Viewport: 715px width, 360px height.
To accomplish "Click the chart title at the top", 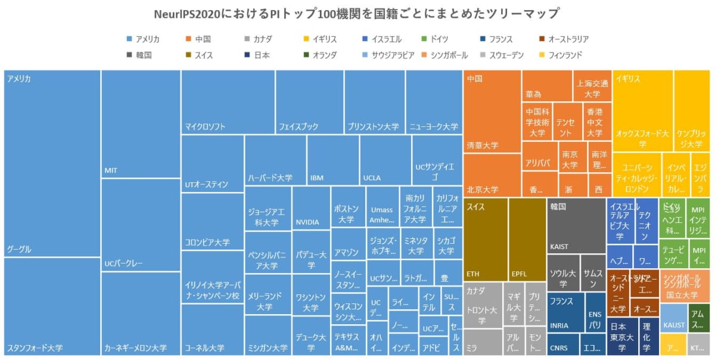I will (357, 13).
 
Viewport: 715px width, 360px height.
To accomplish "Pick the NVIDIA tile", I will (311, 209).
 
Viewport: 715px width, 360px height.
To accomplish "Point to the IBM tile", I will (333, 160).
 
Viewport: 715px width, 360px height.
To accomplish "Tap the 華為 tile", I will (547, 86).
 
